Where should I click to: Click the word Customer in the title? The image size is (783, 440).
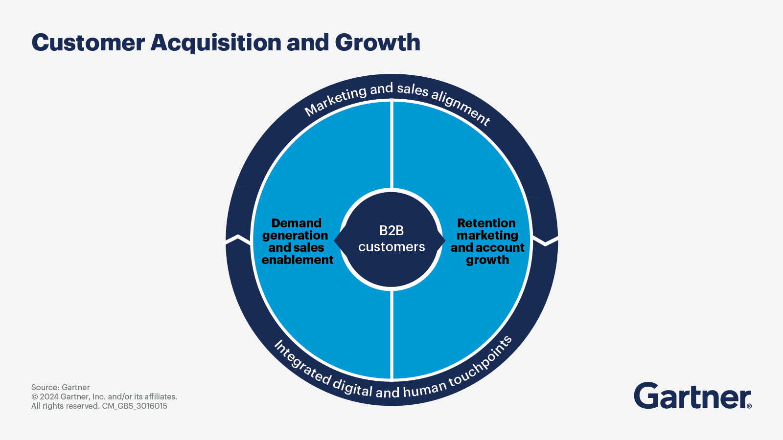pos(88,43)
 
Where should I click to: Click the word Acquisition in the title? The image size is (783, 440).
pos(215,43)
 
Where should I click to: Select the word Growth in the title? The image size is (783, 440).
pos(377,43)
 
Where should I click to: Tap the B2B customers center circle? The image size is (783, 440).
pos(391,239)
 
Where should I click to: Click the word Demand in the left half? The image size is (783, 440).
pos(296,223)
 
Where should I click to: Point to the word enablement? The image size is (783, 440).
pos(298,260)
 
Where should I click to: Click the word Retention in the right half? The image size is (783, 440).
pos(486,223)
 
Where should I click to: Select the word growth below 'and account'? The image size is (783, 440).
pos(487,260)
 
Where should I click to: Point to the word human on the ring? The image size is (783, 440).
pos(425,388)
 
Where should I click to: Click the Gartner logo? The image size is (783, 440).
pos(692,396)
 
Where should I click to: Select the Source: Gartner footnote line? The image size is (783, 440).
pos(61,387)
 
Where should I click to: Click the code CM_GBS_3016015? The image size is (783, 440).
pos(135,406)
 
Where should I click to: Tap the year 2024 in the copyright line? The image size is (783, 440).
pos(49,397)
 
